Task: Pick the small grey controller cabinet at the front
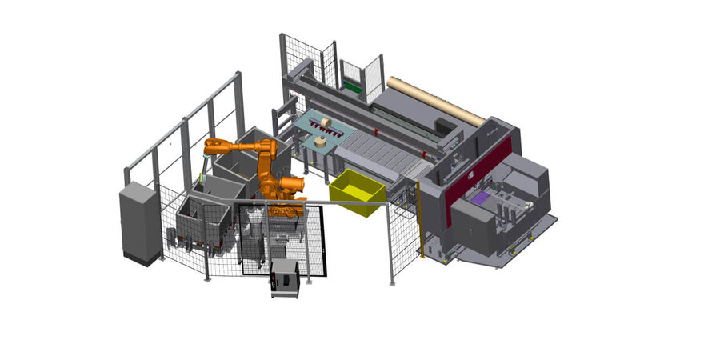[285, 278]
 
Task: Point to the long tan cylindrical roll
[435, 101]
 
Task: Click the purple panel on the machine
[482, 198]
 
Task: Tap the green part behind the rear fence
[353, 85]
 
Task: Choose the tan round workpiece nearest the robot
[321, 142]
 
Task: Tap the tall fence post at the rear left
[238, 104]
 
